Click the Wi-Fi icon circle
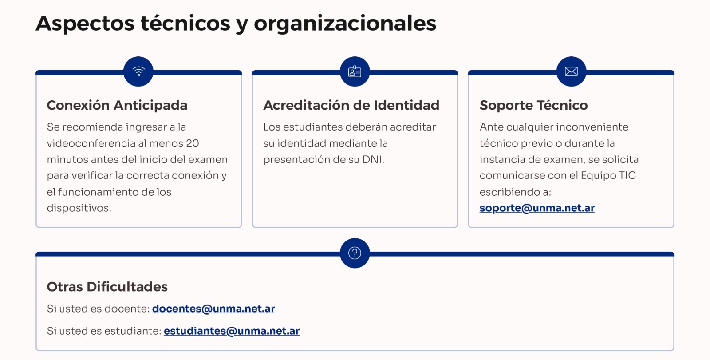(138, 71)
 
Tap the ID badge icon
(355, 71)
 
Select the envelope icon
(571, 71)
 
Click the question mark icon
(355, 253)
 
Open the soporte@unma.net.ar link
(537, 208)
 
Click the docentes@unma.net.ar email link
(213, 309)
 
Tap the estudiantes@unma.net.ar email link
(232, 331)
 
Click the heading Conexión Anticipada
(117, 105)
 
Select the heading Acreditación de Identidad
(351, 105)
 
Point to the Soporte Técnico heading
(533, 105)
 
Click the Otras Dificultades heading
(107, 287)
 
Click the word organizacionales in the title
(345, 24)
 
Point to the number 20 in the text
(193, 143)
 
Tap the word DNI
(372, 160)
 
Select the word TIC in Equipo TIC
(627, 176)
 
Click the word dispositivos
(79, 208)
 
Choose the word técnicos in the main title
(185, 24)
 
